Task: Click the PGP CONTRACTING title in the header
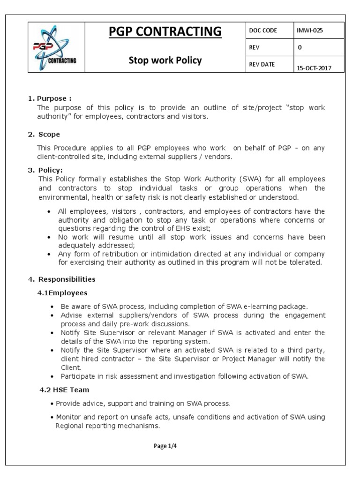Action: (x=166, y=31)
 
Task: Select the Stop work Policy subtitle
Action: (x=166, y=60)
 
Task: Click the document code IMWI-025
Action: (x=309, y=30)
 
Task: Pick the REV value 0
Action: (x=300, y=47)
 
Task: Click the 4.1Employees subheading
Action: (x=62, y=292)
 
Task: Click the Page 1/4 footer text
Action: (x=165, y=446)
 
